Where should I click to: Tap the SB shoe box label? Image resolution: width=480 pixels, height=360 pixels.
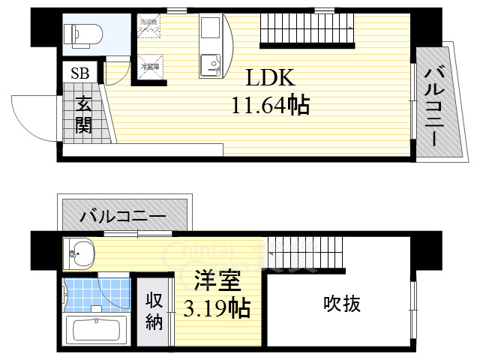(x=79, y=73)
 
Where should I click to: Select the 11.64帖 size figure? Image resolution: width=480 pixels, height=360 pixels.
(x=271, y=106)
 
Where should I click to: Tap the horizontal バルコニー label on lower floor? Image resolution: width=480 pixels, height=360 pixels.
(x=124, y=217)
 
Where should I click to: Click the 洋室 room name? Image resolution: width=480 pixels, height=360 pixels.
(x=218, y=283)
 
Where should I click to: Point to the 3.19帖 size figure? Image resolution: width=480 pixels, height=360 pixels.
(x=218, y=307)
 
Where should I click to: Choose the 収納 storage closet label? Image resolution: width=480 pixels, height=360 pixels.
(x=154, y=311)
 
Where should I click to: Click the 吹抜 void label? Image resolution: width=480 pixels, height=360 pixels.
(x=342, y=304)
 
